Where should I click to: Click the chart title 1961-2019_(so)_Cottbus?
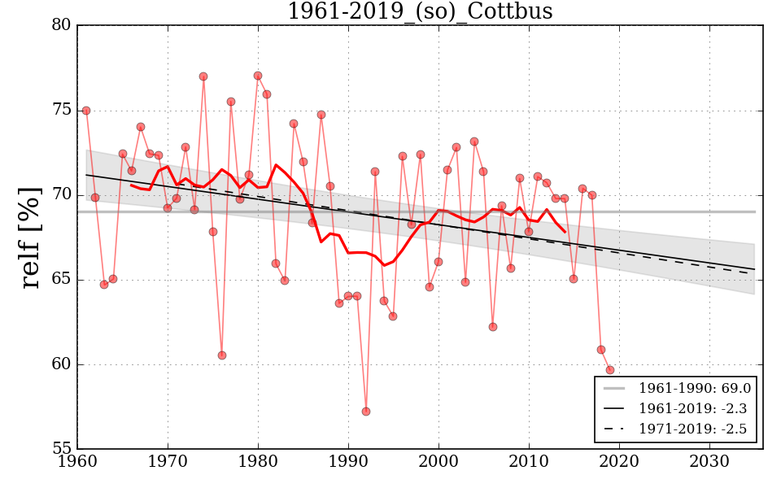click(x=420, y=11)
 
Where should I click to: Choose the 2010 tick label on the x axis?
click(x=529, y=462)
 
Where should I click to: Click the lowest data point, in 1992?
click(x=366, y=412)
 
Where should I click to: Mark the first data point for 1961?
click(x=86, y=111)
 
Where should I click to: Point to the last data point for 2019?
click(x=610, y=370)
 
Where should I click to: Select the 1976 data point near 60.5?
click(x=221, y=355)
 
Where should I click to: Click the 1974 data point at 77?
click(x=203, y=76)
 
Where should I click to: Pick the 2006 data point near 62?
click(x=493, y=327)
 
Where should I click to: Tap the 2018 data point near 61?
click(x=601, y=350)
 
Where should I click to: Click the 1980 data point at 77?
click(x=258, y=76)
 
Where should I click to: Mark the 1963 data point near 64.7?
click(x=104, y=285)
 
